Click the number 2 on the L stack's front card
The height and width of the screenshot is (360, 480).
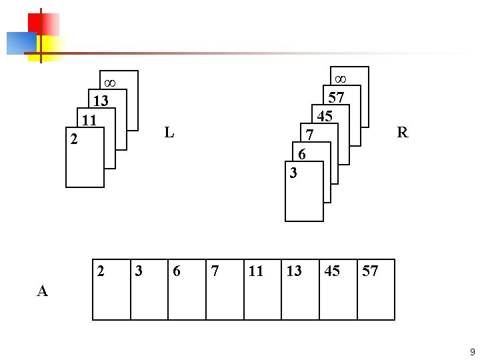point(75,141)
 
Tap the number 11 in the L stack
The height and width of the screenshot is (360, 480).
point(90,121)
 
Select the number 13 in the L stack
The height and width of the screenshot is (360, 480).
point(101,102)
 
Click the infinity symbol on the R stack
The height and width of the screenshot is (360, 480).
point(340,78)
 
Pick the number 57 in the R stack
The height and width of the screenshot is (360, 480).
point(337,97)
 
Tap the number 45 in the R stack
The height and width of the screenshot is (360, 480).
point(325,116)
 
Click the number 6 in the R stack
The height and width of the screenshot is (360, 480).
point(302,154)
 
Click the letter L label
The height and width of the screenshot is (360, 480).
point(169,132)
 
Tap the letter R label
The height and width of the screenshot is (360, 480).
point(402,132)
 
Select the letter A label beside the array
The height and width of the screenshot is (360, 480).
point(43,291)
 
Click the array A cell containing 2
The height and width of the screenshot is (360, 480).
point(111,290)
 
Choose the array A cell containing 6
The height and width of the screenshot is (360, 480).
point(187,290)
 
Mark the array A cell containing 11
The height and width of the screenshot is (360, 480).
point(262,290)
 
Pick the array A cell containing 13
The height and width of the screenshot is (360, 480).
point(300,290)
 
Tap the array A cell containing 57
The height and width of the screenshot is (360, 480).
point(376,290)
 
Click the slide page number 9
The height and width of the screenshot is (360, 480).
point(472,351)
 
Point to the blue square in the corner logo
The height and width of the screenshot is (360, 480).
point(20,43)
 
